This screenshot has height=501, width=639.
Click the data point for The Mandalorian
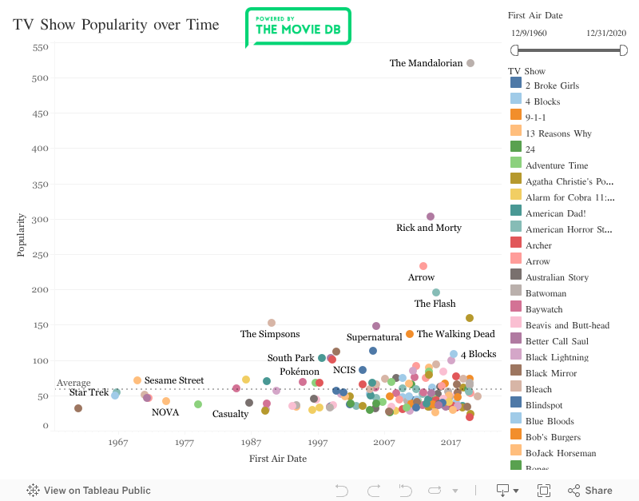coord(470,63)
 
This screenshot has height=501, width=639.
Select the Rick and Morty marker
coord(431,217)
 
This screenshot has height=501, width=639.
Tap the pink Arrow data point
coord(423,266)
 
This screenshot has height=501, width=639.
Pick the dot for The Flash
coord(436,292)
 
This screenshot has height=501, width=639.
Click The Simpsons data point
coord(272,323)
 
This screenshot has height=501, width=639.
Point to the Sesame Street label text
coord(174,380)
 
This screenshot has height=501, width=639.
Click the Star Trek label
coord(89,392)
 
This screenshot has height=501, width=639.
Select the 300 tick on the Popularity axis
coord(40,220)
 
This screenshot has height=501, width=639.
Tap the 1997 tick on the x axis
coord(318,443)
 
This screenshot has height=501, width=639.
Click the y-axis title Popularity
coord(22,234)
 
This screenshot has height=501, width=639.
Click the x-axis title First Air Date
coord(278,459)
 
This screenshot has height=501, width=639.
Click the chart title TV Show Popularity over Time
coord(116,25)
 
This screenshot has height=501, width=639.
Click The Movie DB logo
coord(297,28)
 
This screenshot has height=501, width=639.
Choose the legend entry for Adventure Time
coord(557,165)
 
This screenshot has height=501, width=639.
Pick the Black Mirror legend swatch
coord(516,373)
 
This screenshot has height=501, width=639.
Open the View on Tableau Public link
coord(89,491)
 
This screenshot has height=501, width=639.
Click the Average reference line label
coord(73,383)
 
